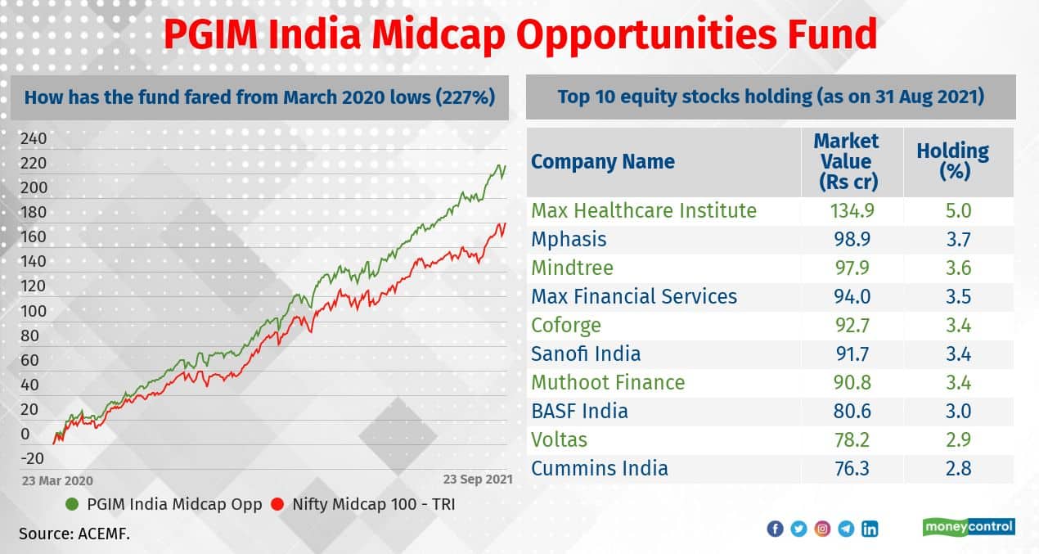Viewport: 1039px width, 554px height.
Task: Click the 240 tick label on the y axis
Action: pos(34,138)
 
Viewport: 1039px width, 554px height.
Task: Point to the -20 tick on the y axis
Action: pos(32,458)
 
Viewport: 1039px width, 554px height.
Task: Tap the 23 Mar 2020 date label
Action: pos(57,480)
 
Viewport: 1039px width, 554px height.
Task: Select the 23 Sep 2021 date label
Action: pos(478,480)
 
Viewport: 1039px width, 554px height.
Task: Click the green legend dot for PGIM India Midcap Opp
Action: pos(72,504)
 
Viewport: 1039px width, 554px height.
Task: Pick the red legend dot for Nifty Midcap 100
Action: pos(277,504)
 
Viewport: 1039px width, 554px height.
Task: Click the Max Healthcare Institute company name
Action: pos(644,210)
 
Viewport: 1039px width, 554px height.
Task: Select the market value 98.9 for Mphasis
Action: pos(852,240)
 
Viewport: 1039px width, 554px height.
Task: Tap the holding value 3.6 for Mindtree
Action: pos(958,268)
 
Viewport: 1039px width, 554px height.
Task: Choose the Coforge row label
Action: pos(566,326)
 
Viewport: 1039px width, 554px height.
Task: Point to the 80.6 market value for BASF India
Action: pos(852,411)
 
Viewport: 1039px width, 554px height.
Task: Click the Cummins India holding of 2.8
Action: pos(958,469)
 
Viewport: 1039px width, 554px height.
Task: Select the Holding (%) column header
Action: pos(953,161)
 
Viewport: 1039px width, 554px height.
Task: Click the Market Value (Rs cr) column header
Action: pos(847,161)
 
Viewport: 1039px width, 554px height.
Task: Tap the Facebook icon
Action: pos(775,529)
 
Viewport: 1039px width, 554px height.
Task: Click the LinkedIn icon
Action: pos(870,529)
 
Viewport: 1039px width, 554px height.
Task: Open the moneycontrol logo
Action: pos(969,527)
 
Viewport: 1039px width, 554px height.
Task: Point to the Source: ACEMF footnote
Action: pos(74,534)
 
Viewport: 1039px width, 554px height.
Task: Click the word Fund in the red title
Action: pos(830,34)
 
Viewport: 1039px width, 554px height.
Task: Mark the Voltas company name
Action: pos(559,440)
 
